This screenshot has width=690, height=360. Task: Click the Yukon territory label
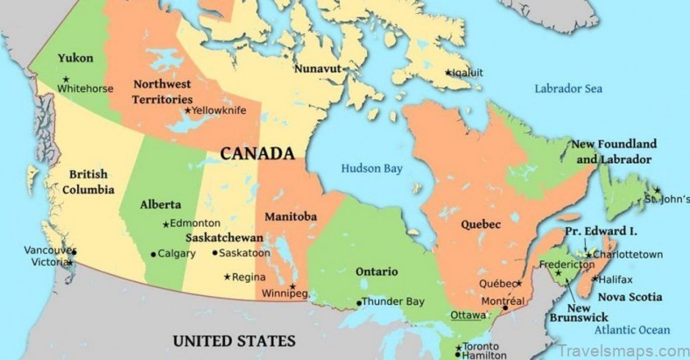(x=75, y=59)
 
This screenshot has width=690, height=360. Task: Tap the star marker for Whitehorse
(x=65, y=80)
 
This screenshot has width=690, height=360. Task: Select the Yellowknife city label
(x=219, y=110)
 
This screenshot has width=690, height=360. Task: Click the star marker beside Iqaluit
(x=447, y=73)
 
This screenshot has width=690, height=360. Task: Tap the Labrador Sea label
(x=568, y=88)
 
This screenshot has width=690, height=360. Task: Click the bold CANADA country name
(x=257, y=154)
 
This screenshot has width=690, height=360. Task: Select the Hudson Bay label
(x=372, y=168)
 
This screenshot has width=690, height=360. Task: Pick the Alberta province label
(x=161, y=205)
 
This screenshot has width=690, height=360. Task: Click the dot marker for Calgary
(x=153, y=254)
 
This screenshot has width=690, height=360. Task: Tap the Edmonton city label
(x=195, y=223)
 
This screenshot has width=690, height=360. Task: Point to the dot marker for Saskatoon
(x=215, y=253)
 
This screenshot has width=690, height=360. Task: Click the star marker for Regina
(x=228, y=278)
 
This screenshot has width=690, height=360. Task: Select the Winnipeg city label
(x=285, y=293)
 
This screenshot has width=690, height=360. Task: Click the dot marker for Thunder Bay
(x=358, y=303)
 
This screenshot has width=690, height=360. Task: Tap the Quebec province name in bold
(x=478, y=224)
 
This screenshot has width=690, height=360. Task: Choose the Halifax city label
(x=616, y=279)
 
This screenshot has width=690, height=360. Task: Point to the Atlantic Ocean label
(x=631, y=329)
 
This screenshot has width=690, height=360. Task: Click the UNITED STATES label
(x=234, y=341)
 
